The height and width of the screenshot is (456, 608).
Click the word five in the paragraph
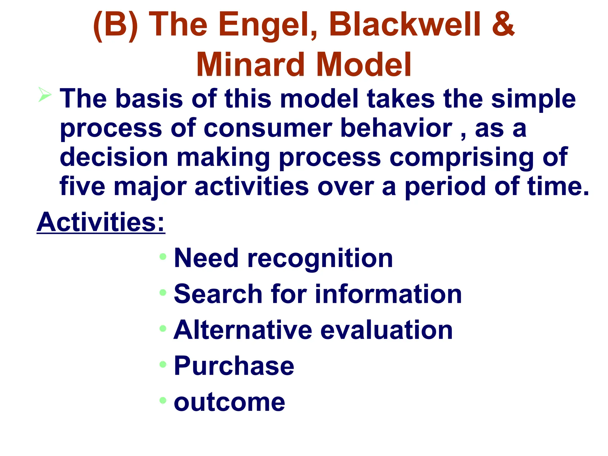click(82, 186)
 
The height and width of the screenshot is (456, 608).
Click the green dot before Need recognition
click(163, 256)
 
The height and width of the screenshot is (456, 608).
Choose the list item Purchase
click(234, 366)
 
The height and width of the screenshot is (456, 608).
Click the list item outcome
click(229, 402)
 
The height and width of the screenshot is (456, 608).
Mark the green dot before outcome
click(163, 400)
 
